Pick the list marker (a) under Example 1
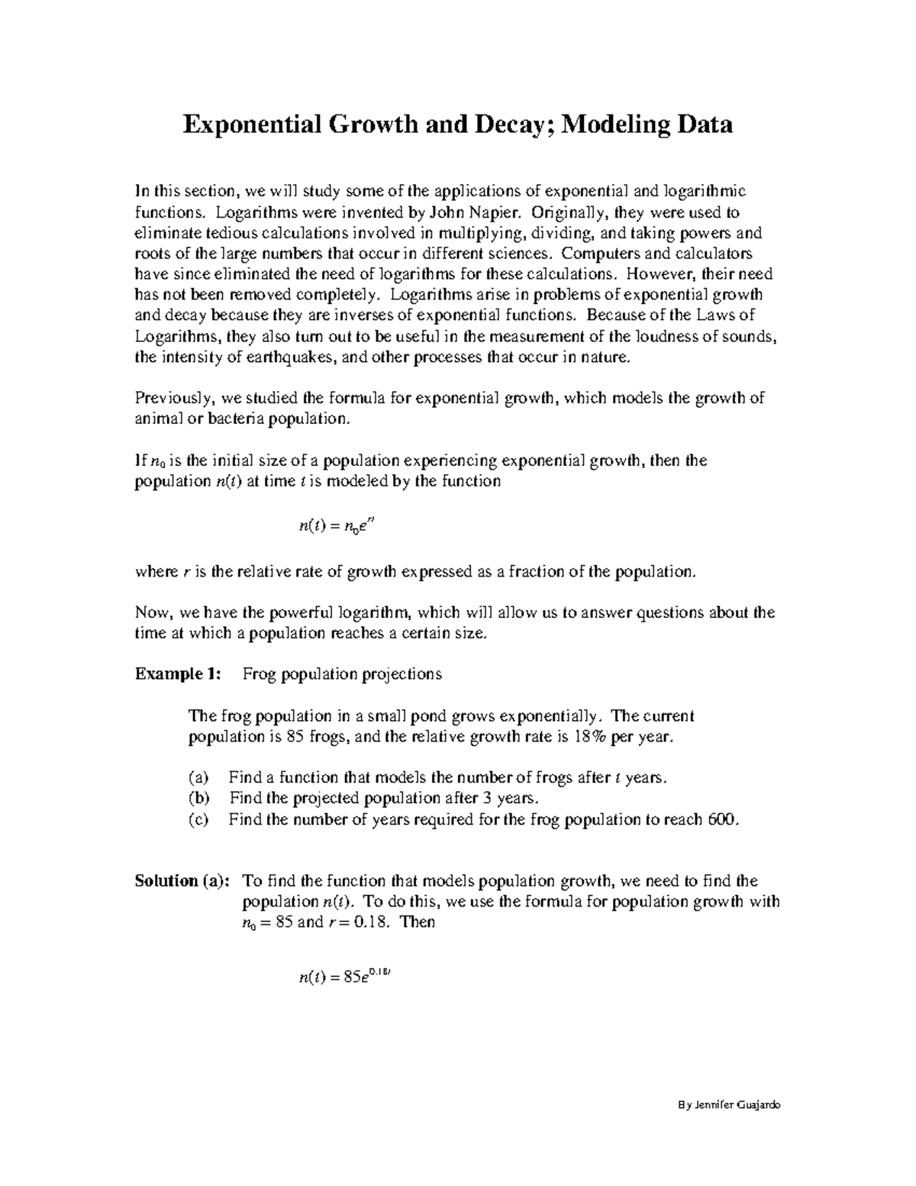pos(198,778)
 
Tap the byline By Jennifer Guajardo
pos(729,1106)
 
